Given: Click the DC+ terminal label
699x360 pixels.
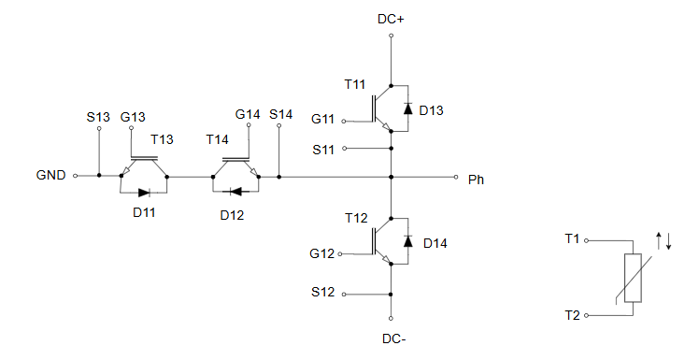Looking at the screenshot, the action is pos(391,20).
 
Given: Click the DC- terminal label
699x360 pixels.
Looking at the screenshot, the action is pos(394,338).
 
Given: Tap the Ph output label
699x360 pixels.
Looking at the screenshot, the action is pos(476,180).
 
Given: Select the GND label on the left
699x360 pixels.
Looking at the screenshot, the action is pos(50,175).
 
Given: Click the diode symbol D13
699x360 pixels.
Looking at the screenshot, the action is pos(407,108).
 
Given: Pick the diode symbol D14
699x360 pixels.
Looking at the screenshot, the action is pos(407,241).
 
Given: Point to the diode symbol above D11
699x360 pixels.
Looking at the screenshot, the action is pos(145,193).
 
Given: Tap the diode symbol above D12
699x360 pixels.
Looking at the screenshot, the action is pos(235,192).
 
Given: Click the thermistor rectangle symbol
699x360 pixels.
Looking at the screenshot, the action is pos(633,278).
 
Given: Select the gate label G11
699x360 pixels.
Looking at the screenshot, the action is pos(322,119).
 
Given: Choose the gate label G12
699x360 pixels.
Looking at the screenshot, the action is pos(321,253).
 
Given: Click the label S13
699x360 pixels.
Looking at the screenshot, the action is pos(98,117).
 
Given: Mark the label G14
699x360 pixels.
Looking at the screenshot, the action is pos(248,114).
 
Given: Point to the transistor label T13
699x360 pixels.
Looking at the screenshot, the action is pos(162,139).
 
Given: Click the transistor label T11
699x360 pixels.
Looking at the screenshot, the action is pos(355,84).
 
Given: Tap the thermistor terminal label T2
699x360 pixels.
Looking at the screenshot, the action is pos(573,315).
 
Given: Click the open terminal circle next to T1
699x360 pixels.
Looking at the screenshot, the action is pos(587,241).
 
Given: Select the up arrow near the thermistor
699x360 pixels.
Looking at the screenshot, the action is pos(659,240).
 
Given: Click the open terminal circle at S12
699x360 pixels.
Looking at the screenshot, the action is pos(344,295).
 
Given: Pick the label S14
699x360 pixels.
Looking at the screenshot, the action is pos(281,114).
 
